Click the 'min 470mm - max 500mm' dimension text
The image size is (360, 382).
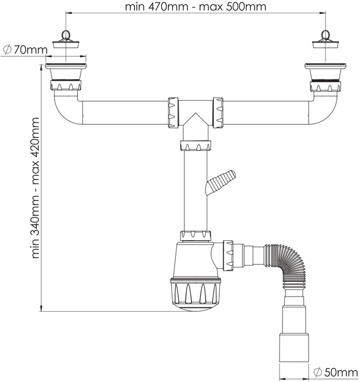[x=195, y=6]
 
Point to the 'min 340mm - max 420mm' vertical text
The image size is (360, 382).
[x=36, y=188]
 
